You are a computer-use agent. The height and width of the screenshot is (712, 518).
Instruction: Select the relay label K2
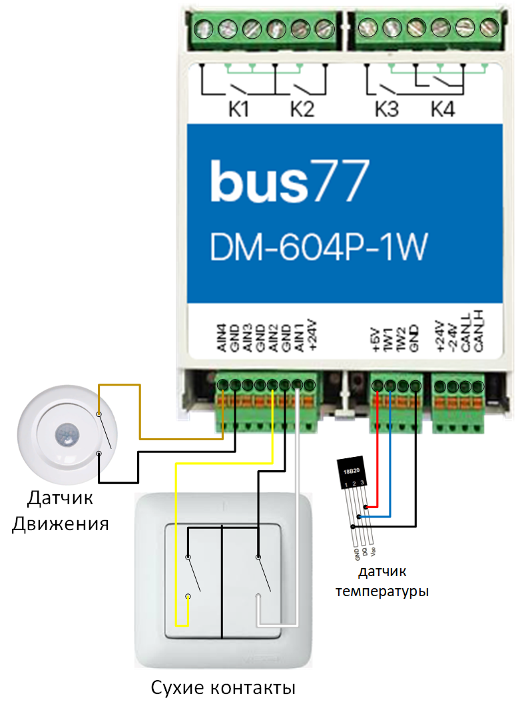(x=302, y=109)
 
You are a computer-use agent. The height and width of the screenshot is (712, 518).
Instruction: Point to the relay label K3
(x=386, y=109)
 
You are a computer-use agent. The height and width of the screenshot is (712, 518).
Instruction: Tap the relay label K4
(x=443, y=109)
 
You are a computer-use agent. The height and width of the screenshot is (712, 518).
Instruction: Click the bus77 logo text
(x=290, y=180)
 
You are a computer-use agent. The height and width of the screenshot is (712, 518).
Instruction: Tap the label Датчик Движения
(x=60, y=511)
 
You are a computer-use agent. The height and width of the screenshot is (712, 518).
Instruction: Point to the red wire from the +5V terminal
(x=378, y=453)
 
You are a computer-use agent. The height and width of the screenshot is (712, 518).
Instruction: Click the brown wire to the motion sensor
(x=140, y=413)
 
